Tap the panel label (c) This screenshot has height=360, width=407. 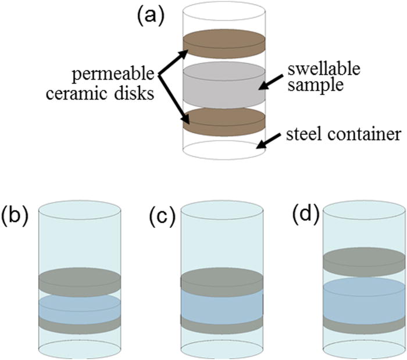[x=161, y=215]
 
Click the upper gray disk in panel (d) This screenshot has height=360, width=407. [x=363, y=261]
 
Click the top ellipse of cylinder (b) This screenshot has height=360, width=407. [x=79, y=211]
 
